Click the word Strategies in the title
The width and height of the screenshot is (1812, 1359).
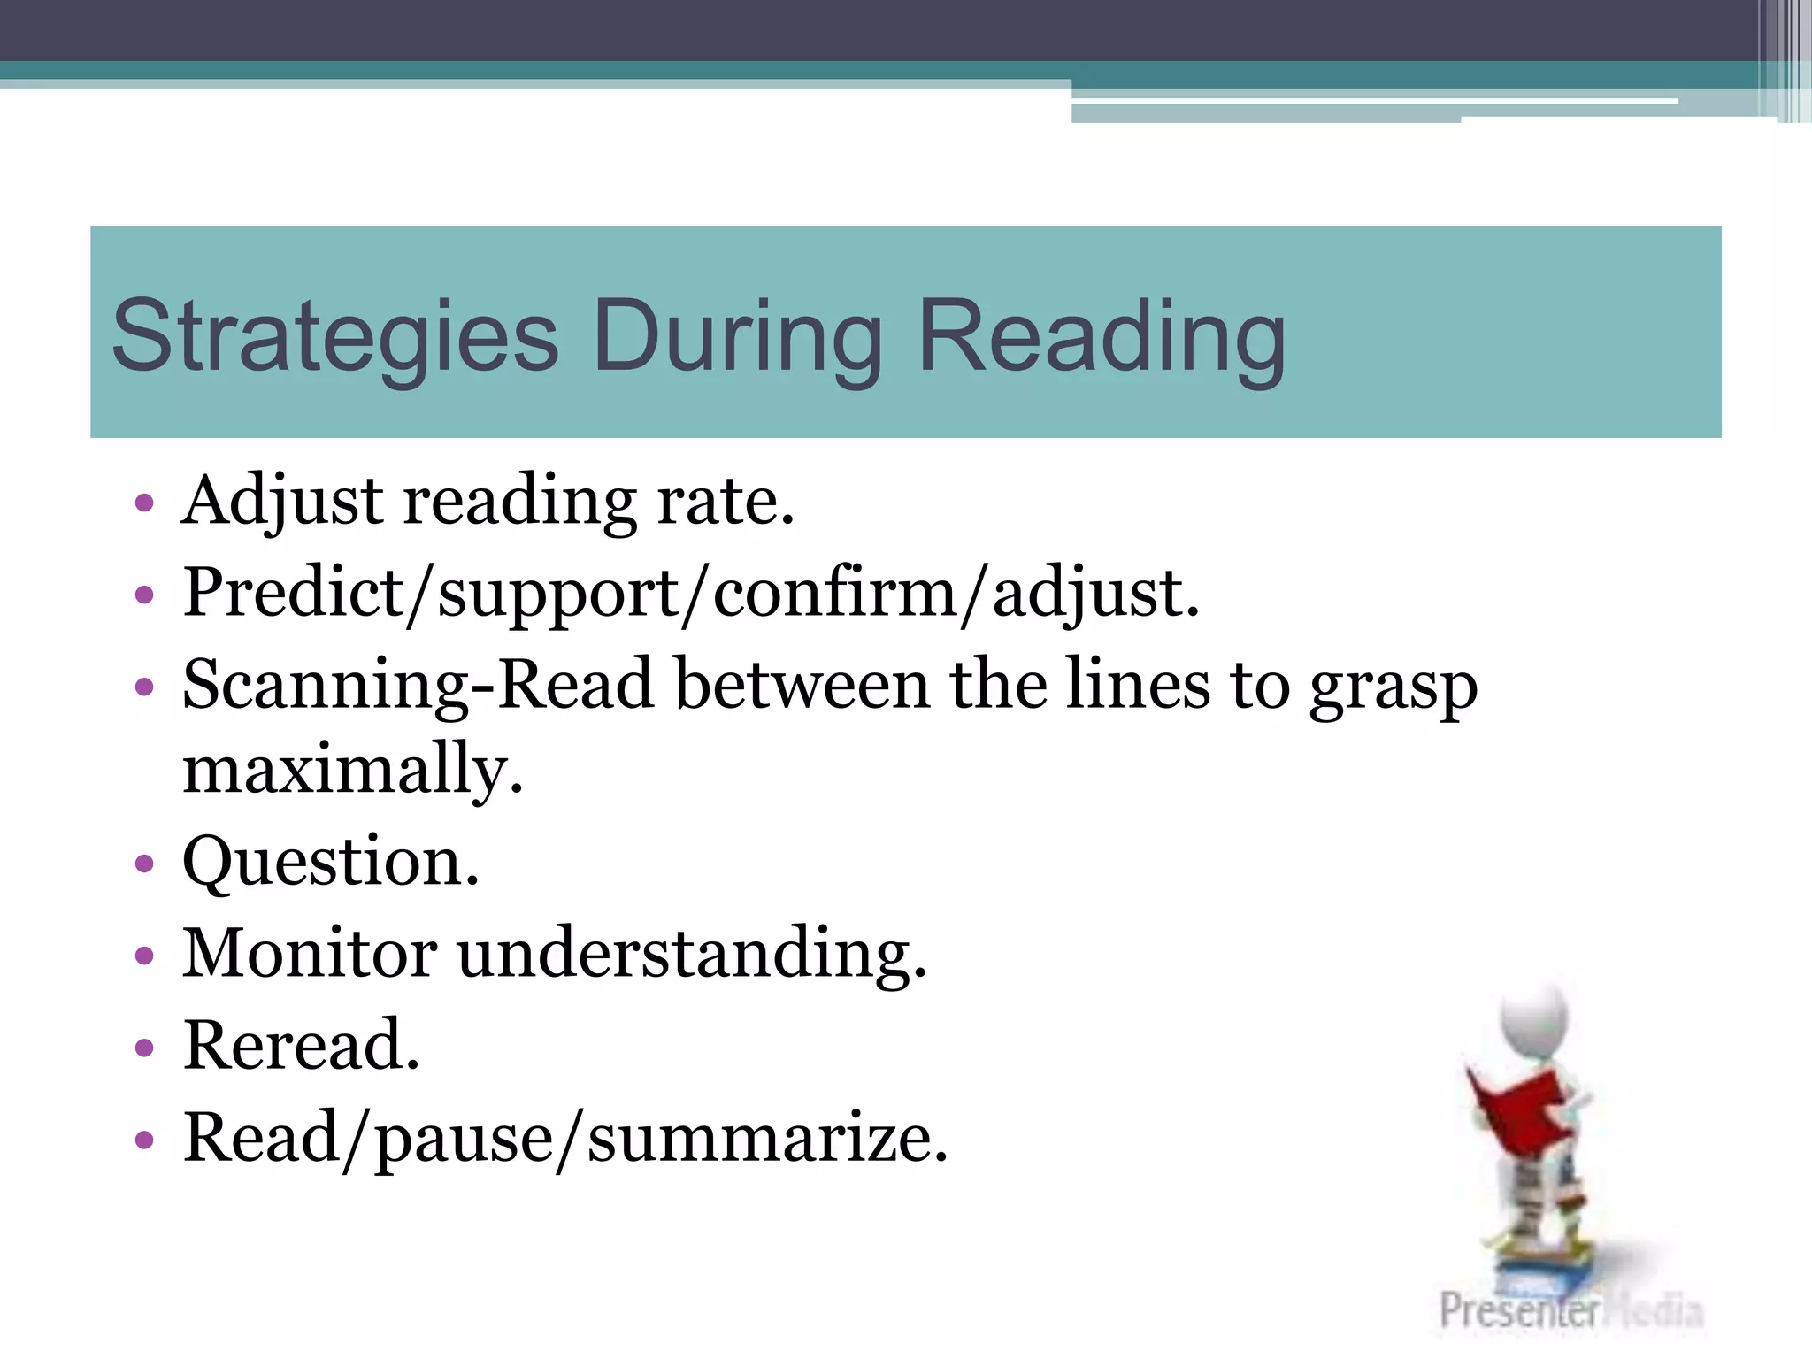pyautogui.click(x=335, y=337)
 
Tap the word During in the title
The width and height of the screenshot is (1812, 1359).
pyautogui.click(x=738, y=337)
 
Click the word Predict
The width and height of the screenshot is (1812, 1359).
pyautogui.click(x=293, y=593)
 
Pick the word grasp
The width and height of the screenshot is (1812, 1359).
pyautogui.click(x=1393, y=688)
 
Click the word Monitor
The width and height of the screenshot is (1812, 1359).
pyautogui.click(x=310, y=953)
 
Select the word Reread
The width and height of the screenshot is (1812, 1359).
pyautogui.click(x=301, y=1045)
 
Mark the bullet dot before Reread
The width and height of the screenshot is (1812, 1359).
pyautogui.click(x=144, y=1048)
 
